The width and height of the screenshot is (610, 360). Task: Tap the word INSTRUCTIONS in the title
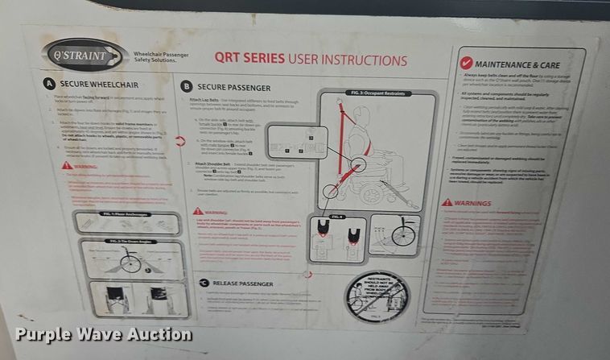pyautogui.click(x=366, y=60)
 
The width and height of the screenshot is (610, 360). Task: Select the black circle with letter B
pyautogui.click(x=186, y=85)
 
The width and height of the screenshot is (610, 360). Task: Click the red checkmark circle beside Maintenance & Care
pyautogui.click(x=464, y=62)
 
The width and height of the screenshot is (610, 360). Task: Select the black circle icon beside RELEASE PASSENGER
pyautogui.click(x=204, y=283)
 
